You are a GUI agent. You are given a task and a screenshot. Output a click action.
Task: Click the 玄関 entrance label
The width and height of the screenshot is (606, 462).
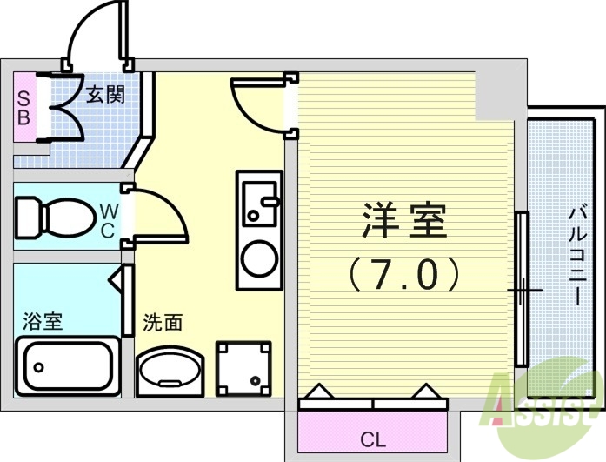[105, 93]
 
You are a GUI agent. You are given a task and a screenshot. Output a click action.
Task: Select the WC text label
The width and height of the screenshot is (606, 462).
[106, 219]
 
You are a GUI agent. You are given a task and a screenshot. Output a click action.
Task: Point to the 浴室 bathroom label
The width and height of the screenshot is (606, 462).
[42, 322]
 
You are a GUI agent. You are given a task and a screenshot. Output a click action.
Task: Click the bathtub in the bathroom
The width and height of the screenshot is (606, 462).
[67, 365]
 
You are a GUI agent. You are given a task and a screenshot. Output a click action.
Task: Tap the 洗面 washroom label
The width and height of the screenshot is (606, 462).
[163, 323]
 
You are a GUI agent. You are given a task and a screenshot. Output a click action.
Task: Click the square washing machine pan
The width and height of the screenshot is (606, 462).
[243, 366]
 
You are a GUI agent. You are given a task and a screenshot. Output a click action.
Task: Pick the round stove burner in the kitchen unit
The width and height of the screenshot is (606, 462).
[259, 258]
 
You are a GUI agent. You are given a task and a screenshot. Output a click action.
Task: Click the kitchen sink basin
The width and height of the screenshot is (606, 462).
[258, 204]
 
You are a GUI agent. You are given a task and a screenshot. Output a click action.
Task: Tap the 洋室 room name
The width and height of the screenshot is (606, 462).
[403, 223]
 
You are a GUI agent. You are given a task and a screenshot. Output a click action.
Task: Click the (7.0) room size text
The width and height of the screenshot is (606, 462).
[404, 275]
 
